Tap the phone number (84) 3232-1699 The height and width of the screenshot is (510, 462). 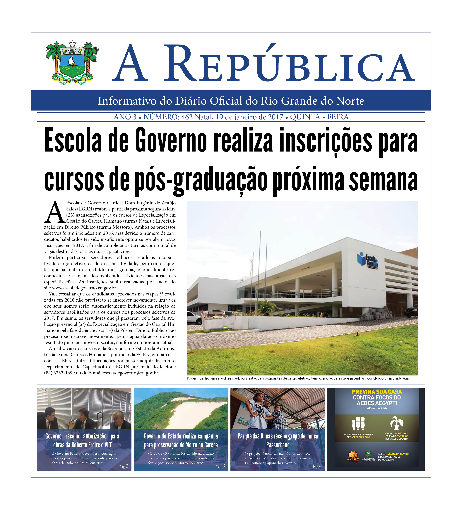pos(59,373)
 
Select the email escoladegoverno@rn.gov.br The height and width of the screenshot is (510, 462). pos(131,373)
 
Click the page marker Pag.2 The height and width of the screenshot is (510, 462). pos(124,466)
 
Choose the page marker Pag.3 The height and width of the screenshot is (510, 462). pos(220,466)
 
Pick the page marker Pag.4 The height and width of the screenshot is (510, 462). pos(317,466)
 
